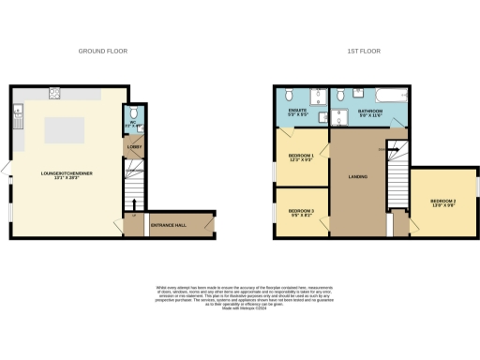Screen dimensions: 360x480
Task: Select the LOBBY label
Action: tap(133, 147)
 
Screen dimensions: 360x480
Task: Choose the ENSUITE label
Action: tap(297, 112)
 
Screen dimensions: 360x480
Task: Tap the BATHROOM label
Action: tap(371, 112)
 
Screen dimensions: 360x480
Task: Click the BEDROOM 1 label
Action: tap(300, 156)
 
